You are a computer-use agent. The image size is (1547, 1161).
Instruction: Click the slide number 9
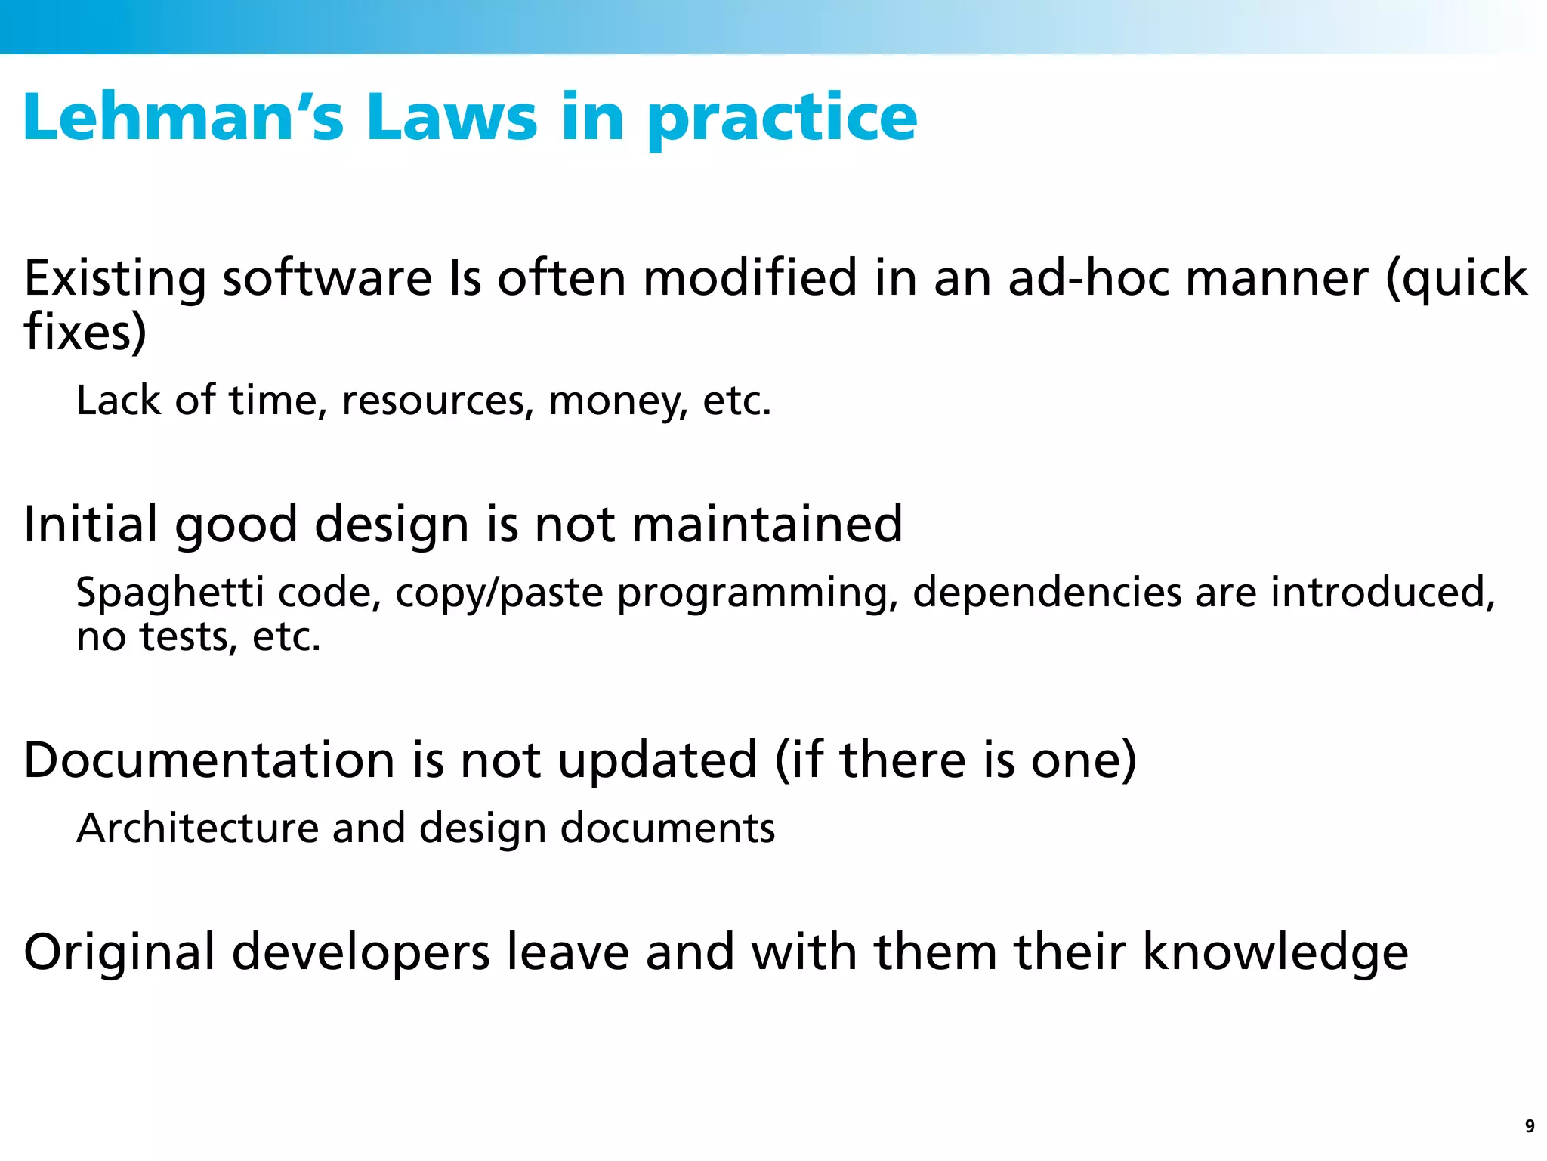[x=1530, y=1126]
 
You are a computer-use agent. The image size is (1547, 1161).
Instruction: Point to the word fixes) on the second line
[x=85, y=333]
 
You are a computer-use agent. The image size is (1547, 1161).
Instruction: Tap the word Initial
[x=91, y=524]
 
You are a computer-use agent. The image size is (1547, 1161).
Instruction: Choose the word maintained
[x=767, y=524]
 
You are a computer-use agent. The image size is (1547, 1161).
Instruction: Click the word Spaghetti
[x=170, y=593]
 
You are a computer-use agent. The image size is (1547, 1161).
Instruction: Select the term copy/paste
[x=499, y=593]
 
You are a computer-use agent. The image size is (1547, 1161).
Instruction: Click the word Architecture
[x=198, y=828]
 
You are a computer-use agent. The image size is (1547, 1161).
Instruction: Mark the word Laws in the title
[x=452, y=117]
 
